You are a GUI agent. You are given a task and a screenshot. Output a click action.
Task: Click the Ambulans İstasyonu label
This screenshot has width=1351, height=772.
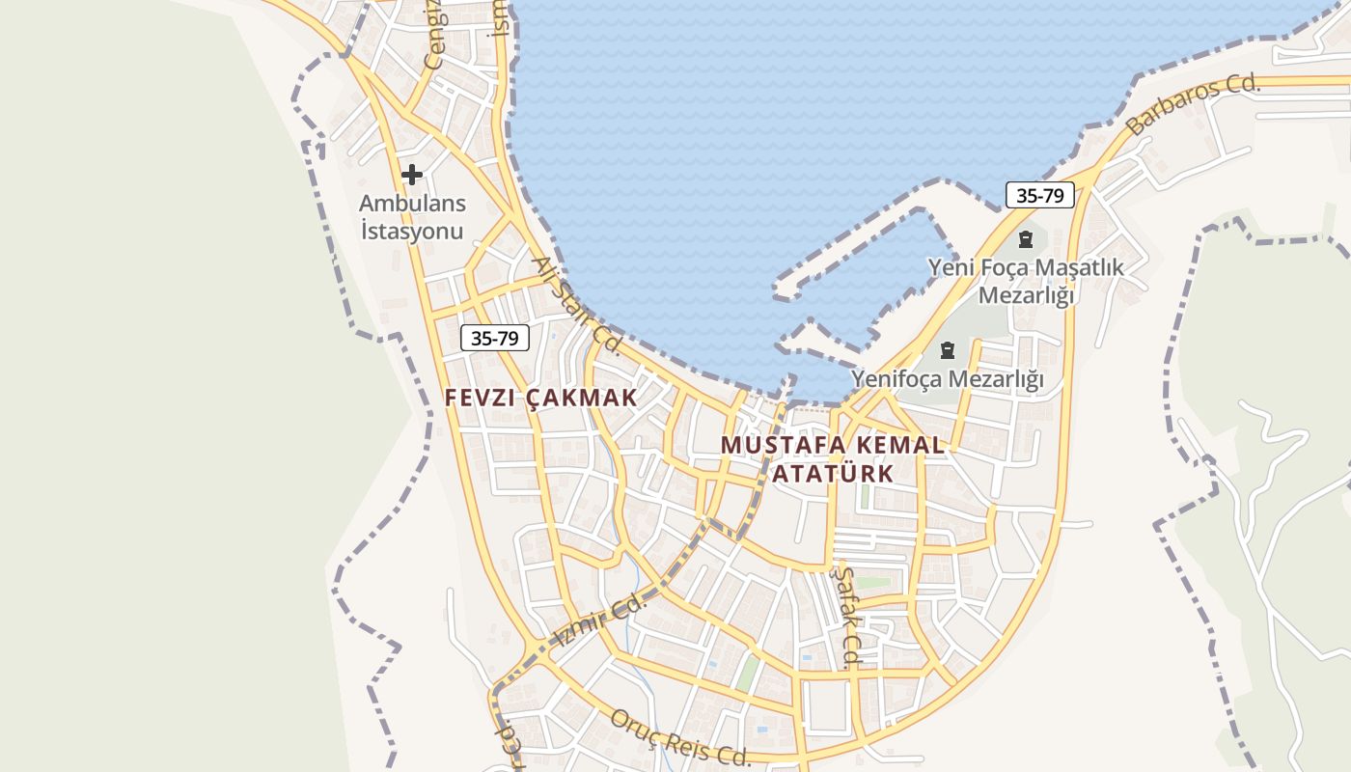click(x=412, y=217)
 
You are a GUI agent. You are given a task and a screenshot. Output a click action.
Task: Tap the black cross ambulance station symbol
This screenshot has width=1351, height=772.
click(x=412, y=175)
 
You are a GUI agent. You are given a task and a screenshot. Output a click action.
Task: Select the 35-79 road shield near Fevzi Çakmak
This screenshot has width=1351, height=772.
click(x=495, y=338)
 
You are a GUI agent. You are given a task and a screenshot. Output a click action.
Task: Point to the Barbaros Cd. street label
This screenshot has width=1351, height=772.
click(x=1194, y=104)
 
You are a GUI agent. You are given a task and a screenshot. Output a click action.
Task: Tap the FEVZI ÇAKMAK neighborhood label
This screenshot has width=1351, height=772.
click(x=541, y=398)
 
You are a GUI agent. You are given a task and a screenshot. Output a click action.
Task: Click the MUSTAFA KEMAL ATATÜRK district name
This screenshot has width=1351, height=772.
click(x=833, y=459)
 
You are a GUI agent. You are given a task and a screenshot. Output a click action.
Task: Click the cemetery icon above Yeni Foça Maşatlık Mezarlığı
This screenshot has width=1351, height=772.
click(x=1026, y=238)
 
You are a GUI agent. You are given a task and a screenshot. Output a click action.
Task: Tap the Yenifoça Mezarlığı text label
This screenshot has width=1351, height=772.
click(x=947, y=379)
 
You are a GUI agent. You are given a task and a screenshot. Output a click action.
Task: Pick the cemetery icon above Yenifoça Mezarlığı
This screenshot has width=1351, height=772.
click(x=947, y=349)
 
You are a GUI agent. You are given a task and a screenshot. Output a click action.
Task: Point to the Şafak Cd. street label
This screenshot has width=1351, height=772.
click(x=845, y=618)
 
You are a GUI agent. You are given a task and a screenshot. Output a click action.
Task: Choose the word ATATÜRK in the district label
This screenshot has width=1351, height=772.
click(x=833, y=474)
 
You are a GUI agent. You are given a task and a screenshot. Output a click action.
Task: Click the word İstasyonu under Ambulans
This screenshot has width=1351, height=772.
click(x=412, y=232)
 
